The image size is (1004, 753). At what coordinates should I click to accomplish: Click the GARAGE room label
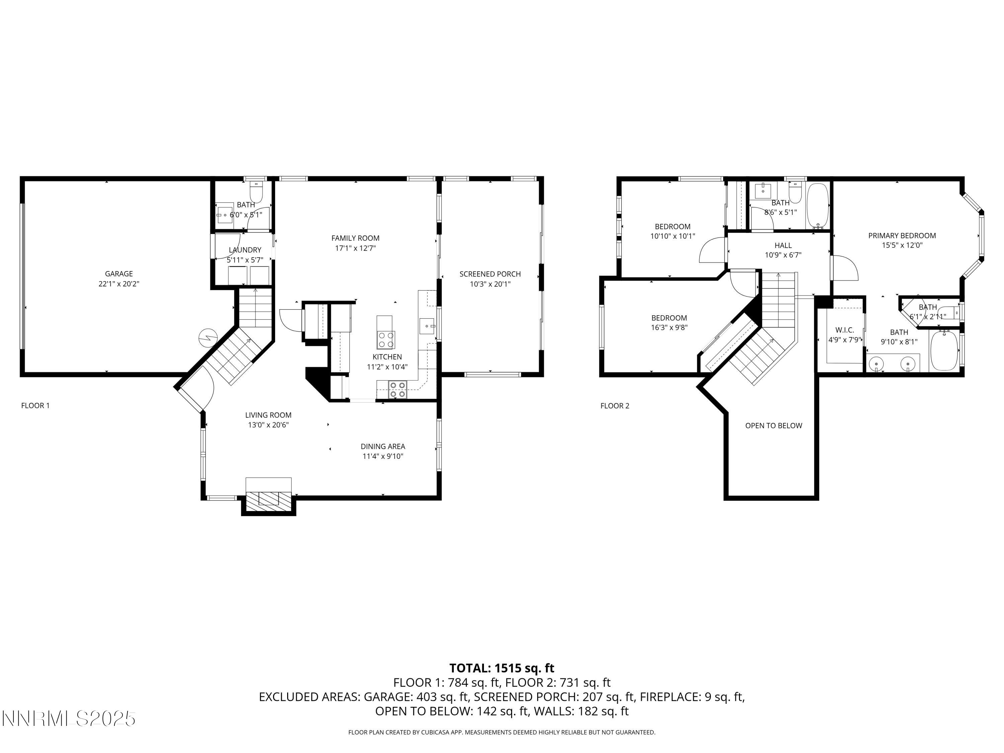coord(119,274)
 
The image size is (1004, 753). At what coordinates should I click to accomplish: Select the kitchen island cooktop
coord(385,340)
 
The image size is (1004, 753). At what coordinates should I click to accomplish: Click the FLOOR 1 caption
coord(35,406)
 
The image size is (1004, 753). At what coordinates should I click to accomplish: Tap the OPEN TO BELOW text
coord(773,426)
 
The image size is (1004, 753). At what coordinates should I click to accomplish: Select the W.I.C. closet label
coord(844,330)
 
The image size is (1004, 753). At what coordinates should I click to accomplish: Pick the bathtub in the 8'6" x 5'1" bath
coord(818,205)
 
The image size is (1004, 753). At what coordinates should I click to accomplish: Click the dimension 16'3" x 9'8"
coord(669,328)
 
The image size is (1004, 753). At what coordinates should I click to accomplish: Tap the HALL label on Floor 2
coord(783,246)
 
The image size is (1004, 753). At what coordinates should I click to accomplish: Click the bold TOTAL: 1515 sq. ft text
coord(502,668)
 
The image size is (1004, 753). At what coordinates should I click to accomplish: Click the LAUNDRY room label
coord(245,250)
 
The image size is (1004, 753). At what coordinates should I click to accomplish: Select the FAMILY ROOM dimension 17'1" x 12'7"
coord(355,248)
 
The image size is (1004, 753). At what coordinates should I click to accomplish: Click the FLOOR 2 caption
coord(614,406)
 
